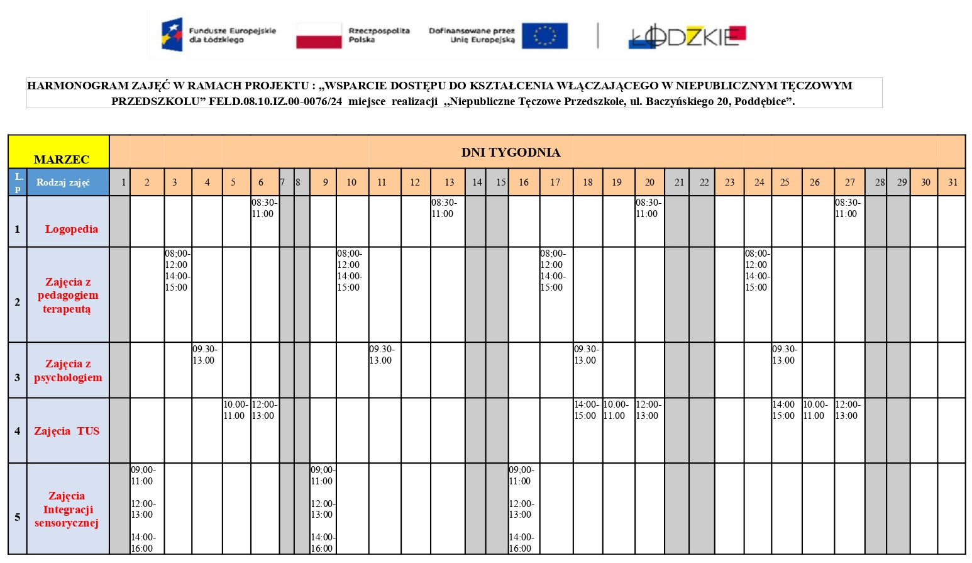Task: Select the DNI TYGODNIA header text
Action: point(511,152)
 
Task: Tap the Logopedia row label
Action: point(71,229)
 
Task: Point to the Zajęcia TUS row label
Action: point(67,431)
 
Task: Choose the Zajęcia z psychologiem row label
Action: point(68,371)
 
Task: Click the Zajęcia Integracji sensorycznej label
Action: point(67,509)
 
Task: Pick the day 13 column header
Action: point(449,182)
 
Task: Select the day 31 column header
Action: point(953,182)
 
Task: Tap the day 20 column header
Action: point(649,182)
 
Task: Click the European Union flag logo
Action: point(544,36)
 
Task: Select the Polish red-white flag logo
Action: point(319,36)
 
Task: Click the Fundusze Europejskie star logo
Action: point(172,35)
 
